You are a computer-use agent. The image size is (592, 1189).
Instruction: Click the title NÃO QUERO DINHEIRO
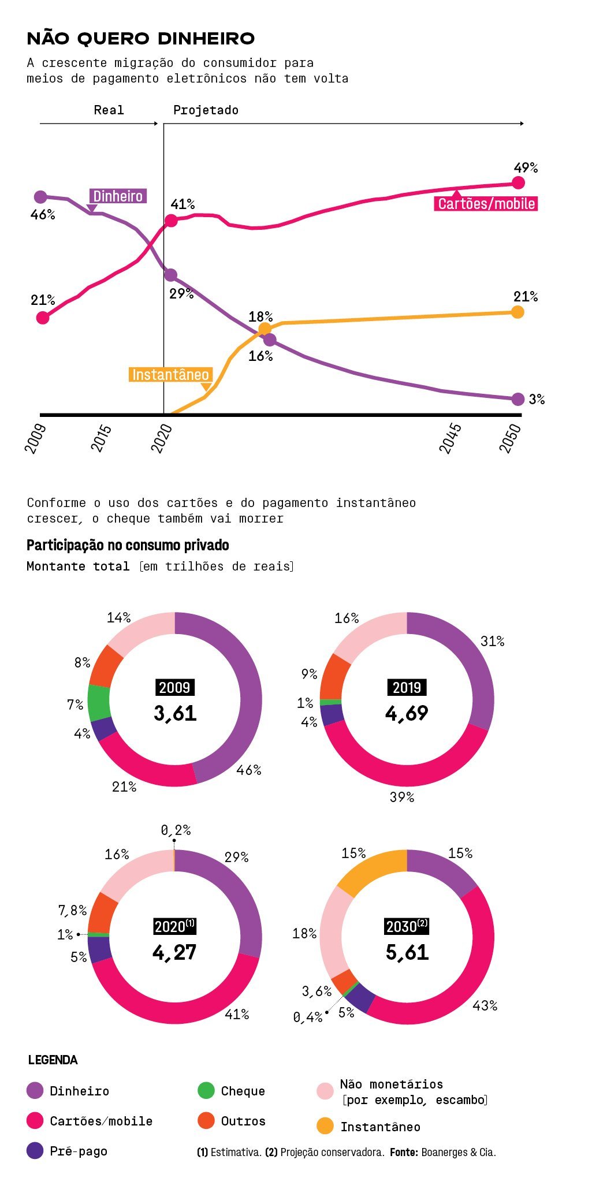pyautogui.click(x=141, y=39)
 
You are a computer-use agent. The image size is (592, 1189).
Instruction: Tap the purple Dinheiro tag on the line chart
pyautogui.click(x=118, y=196)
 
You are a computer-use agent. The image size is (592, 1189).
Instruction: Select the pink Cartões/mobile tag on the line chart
pyautogui.click(x=486, y=204)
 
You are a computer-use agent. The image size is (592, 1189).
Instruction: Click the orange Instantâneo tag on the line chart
pyautogui.click(x=170, y=375)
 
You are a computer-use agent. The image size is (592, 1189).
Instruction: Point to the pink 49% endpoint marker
pyautogui.click(x=518, y=183)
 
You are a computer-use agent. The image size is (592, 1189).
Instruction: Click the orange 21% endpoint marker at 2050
pyautogui.click(x=517, y=312)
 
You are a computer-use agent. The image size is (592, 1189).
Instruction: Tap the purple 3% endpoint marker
pyautogui.click(x=518, y=399)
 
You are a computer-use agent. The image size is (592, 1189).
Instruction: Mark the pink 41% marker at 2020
pyautogui.click(x=171, y=221)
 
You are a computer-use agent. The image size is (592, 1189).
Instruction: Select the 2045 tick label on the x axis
pyautogui.click(x=450, y=438)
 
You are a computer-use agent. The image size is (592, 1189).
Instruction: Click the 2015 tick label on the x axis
pyautogui.click(x=101, y=438)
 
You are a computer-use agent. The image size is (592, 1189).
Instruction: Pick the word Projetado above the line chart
pyautogui.click(x=206, y=110)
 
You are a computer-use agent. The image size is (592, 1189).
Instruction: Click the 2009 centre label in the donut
pyautogui.click(x=174, y=688)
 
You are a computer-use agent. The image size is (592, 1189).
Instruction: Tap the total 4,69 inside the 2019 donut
pyautogui.click(x=407, y=714)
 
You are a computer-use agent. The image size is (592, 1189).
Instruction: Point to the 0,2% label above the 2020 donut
pyautogui.click(x=176, y=830)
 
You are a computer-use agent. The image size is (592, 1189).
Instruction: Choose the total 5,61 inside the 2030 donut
pyautogui.click(x=407, y=952)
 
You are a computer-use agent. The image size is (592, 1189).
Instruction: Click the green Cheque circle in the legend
pyautogui.click(x=206, y=1090)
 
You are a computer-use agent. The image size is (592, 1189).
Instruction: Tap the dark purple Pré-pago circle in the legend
pyautogui.click(x=35, y=1150)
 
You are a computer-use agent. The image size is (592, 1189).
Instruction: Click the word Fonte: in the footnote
pyautogui.click(x=404, y=1152)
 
